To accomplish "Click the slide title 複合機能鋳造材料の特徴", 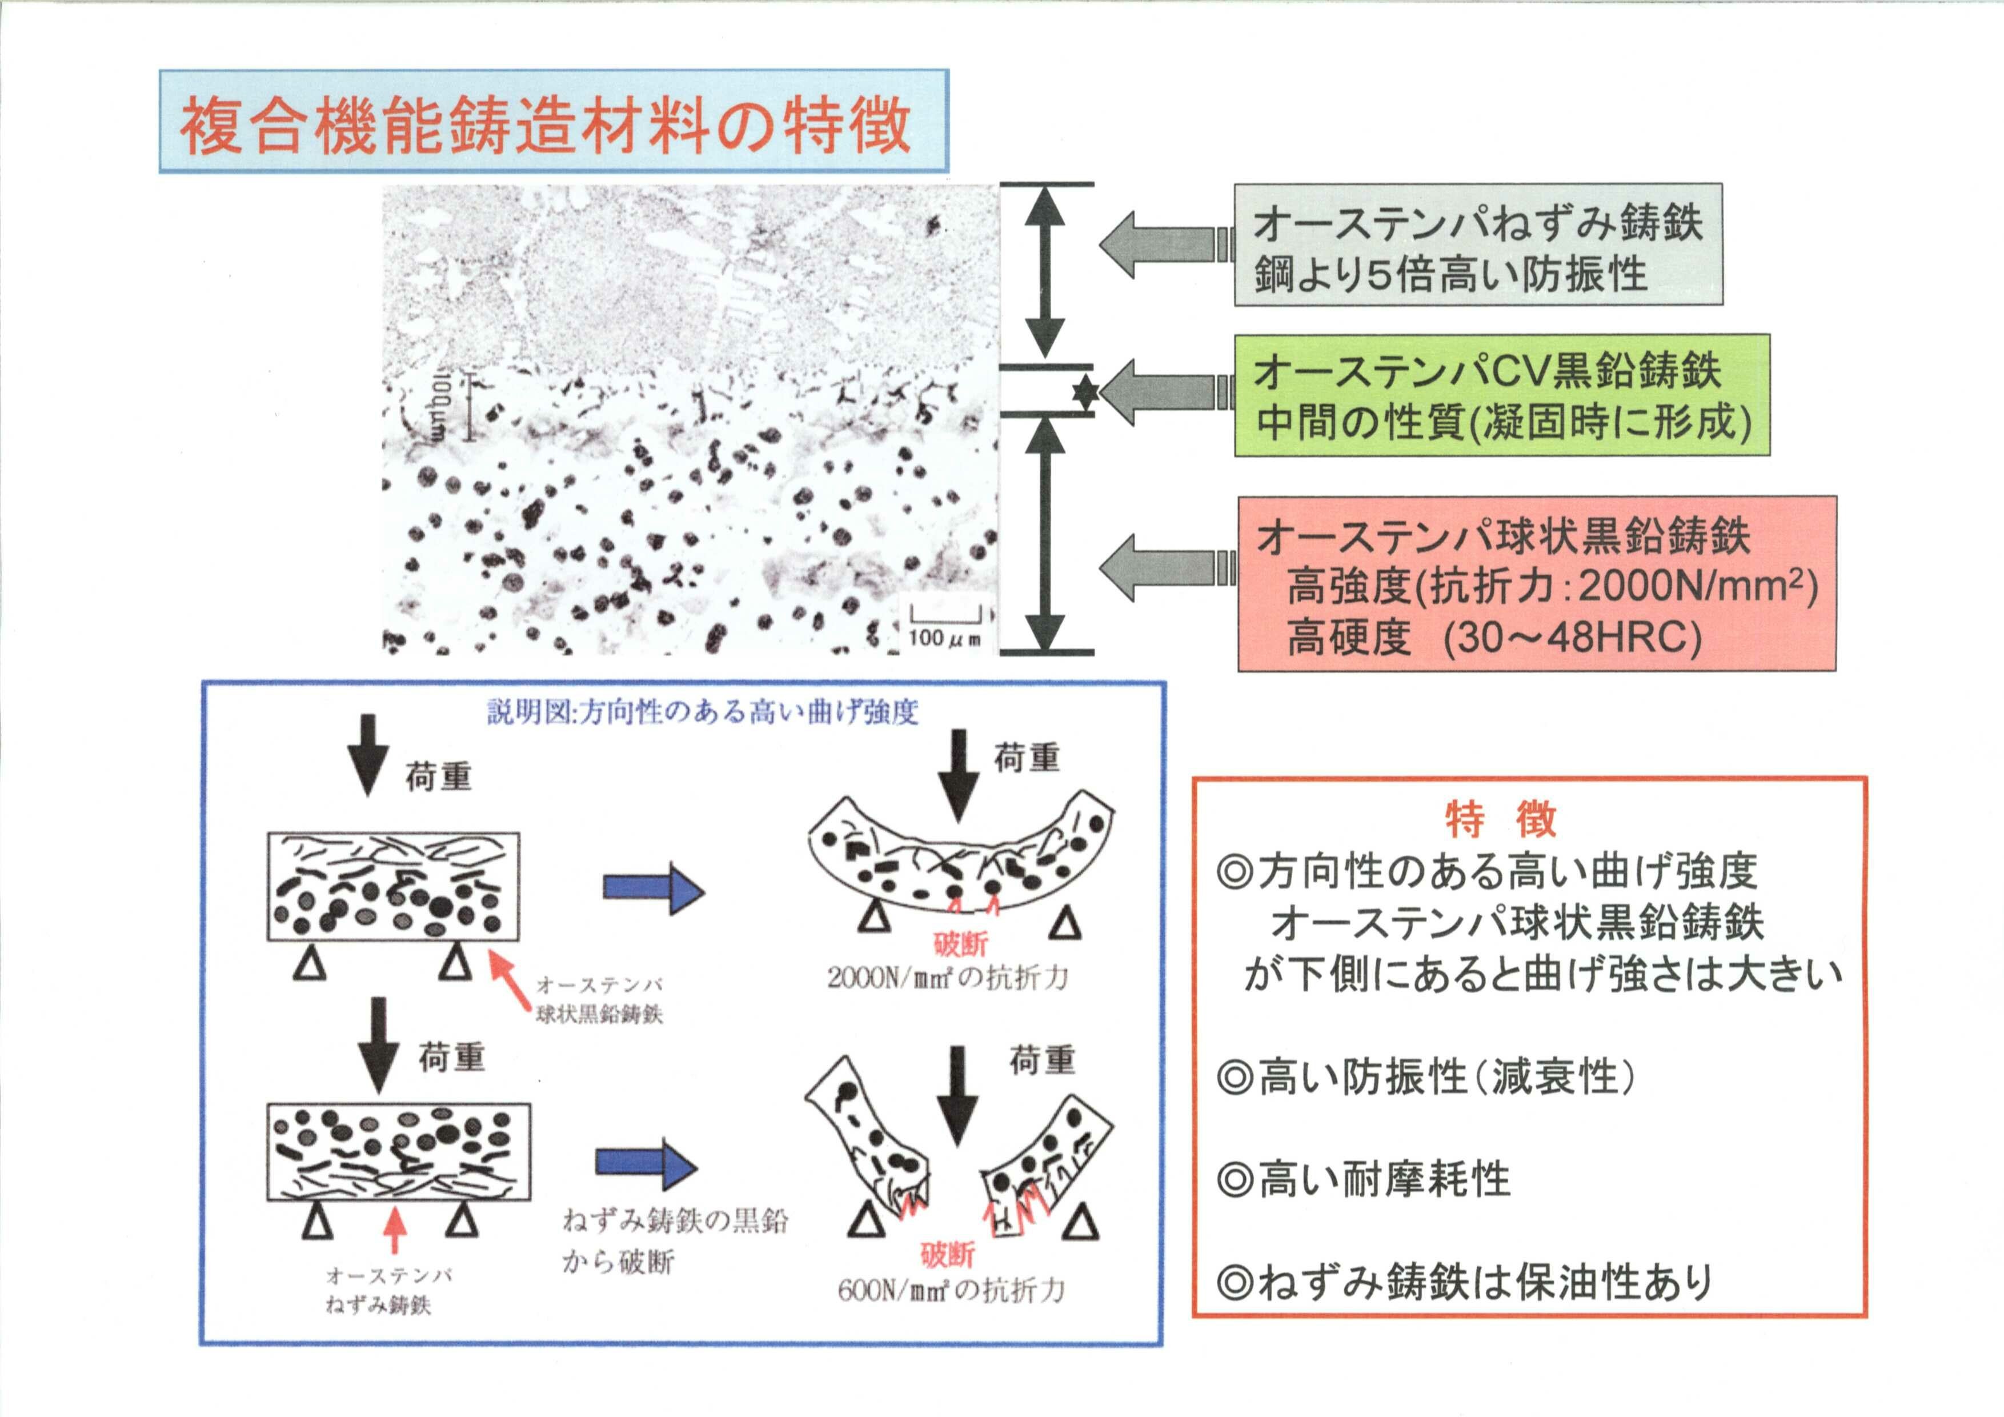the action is pyautogui.click(x=546, y=126).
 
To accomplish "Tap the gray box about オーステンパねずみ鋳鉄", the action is pyautogui.click(x=1478, y=245).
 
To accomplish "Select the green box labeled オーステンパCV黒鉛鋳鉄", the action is pyautogui.click(x=1501, y=395).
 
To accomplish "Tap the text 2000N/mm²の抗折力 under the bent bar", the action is pyautogui.click(x=947, y=978).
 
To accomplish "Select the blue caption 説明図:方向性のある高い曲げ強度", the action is pyautogui.click(x=703, y=713).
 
